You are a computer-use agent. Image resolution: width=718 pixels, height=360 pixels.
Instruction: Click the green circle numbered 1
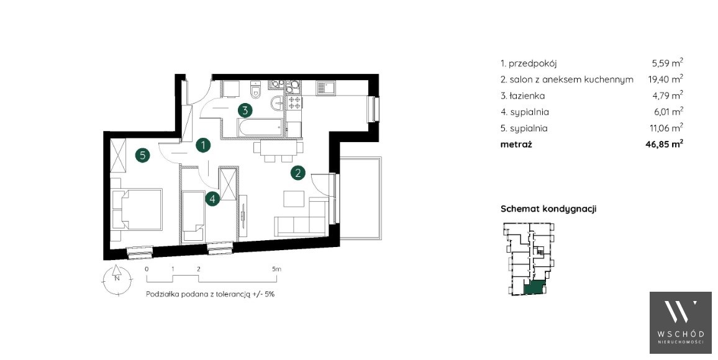[203, 145]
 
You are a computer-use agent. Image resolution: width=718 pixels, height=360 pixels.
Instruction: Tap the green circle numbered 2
[298, 173]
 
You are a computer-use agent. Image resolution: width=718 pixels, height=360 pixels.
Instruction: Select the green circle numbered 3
[245, 110]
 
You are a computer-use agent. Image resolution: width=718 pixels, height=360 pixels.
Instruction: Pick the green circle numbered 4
[212, 199]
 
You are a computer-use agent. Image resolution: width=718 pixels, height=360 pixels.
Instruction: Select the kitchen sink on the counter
[326, 88]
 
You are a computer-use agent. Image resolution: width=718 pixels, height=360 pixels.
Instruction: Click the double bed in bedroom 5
[137, 209]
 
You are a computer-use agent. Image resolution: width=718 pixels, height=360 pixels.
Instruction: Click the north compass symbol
[117, 278]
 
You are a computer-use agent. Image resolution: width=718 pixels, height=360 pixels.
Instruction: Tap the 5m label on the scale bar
[276, 269]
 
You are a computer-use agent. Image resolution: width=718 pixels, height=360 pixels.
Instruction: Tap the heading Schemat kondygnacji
[548, 209]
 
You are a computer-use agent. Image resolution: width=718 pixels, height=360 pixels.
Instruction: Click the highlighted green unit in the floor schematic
[534, 287]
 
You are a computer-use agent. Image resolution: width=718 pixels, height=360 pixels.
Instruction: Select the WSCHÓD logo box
[681, 323]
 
